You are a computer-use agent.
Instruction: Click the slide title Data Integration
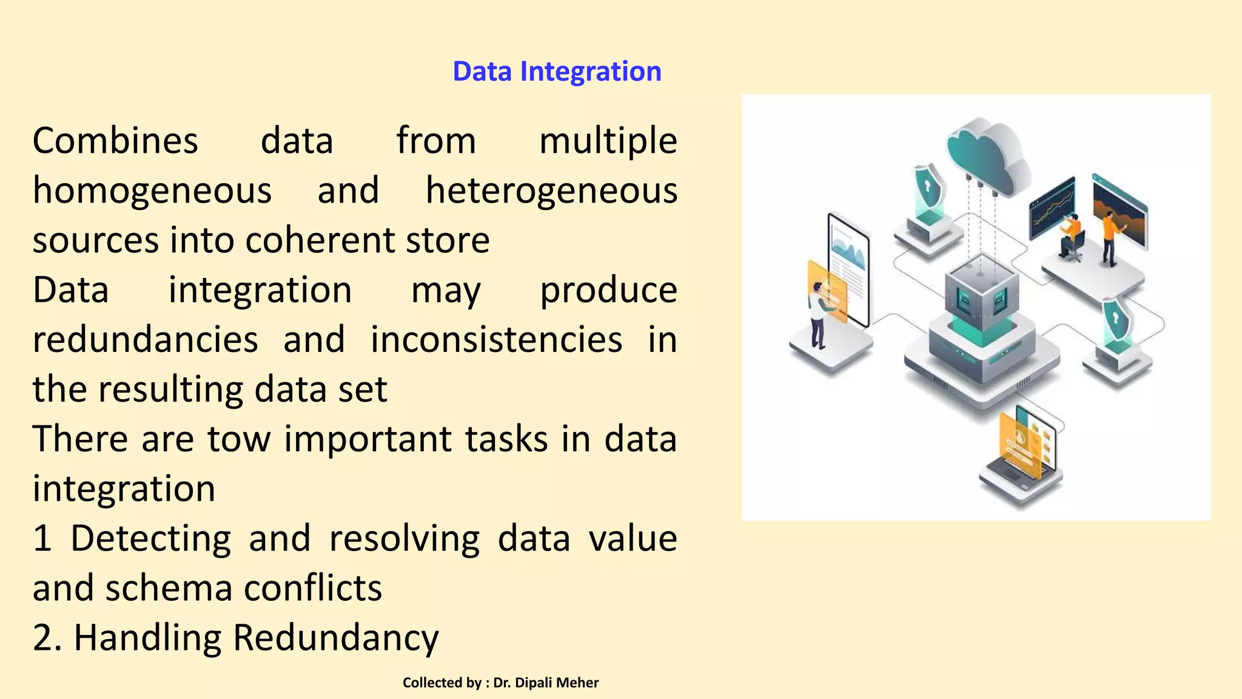[557, 72]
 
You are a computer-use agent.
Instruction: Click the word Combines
[115, 141]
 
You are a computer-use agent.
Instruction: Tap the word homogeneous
[152, 191]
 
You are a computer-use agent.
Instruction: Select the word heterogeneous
[551, 191]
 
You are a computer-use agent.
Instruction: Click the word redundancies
[146, 340]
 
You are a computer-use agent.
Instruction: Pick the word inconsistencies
[496, 340]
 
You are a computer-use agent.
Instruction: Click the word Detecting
[150, 539]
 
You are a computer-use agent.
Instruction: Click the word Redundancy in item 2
[335, 638]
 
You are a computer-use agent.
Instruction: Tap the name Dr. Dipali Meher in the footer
[546, 683]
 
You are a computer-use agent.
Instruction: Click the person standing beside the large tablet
[819, 316]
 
